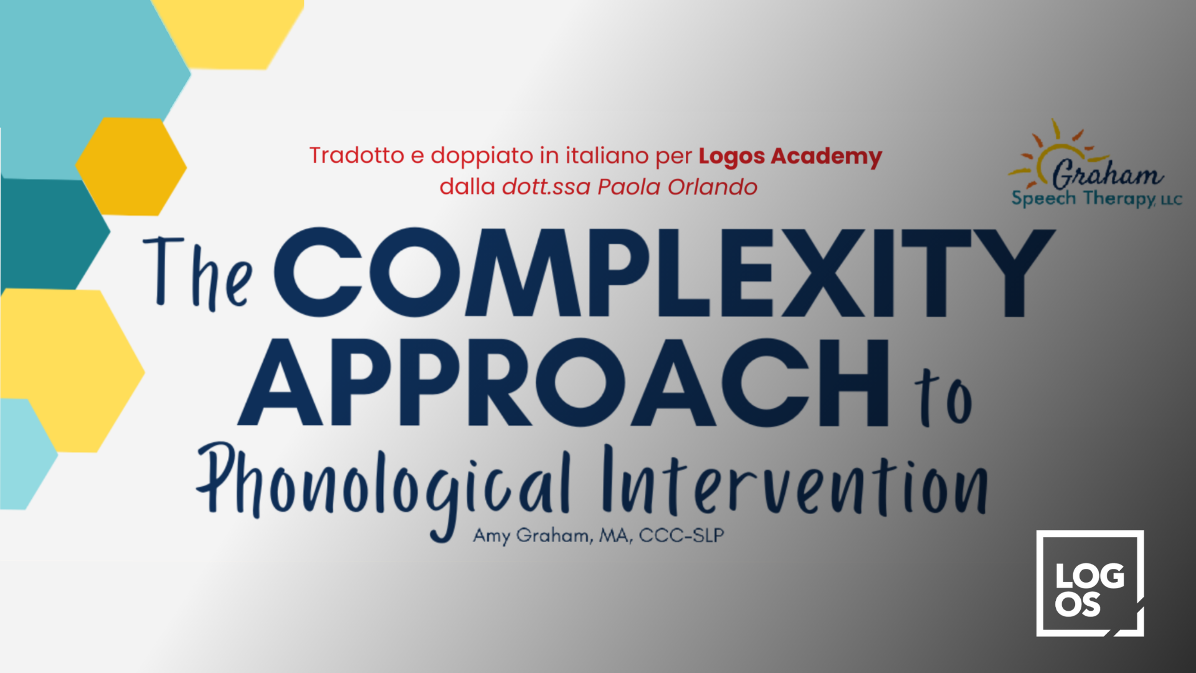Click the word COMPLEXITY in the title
click(663, 272)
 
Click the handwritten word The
click(198, 273)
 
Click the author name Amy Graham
click(531, 535)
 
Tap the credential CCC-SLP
click(681, 535)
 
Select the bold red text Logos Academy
click(790, 156)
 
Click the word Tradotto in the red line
click(357, 155)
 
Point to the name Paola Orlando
click(677, 187)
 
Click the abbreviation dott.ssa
click(546, 187)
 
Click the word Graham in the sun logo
click(1108, 173)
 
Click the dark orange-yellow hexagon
click(131, 166)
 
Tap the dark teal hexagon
click(53, 234)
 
